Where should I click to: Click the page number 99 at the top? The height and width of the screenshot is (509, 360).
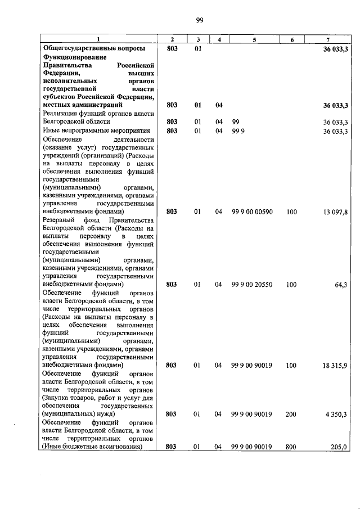(x=199, y=21)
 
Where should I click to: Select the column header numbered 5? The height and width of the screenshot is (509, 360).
(x=254, y=39)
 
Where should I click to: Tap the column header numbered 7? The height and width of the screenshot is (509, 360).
(x=327, y=39)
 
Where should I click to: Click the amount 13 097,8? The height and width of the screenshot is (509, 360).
(x=335, y=211)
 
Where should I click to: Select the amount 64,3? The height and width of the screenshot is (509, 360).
(x=341, y=285)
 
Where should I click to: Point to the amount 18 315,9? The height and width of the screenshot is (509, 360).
(x=335, y=365)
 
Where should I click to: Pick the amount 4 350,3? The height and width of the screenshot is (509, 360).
(x=337, y=414)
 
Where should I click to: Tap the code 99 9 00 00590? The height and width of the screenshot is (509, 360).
(x=252, y=211)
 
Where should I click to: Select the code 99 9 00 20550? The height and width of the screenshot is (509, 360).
(x=252, y=285)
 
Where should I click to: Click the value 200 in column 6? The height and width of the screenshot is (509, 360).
(x=291, y=414)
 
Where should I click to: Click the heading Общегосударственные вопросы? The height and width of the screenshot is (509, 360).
(x=97, y=49)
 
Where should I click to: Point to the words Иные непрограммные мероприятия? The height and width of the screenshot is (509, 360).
(x=91, y=130)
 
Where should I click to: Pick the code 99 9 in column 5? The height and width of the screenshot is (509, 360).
(x=237, y=130)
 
